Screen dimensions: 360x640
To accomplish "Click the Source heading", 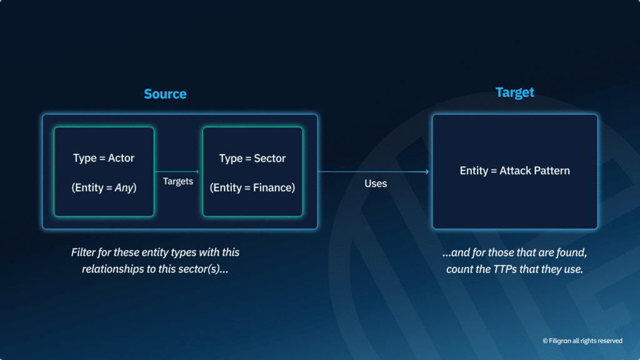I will coord(165,94).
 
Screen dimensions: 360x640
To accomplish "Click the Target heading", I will coord(514,92).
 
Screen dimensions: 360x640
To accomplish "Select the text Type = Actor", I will coord(104,158).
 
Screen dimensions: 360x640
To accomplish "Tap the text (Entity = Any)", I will coord(104,187).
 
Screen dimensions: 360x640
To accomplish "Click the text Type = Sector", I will coord(252,159).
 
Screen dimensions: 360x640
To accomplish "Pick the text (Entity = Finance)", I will coord(252,187).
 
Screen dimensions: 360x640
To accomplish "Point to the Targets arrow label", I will coord(178,181).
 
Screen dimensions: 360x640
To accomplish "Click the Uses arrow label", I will coord(376,184).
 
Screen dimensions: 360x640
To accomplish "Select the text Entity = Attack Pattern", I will coord(514,171).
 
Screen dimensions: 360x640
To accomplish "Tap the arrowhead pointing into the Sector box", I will coord(197,171).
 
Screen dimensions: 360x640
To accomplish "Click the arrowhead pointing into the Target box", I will coord(427,172).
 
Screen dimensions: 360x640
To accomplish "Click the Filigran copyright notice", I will coord(582,341).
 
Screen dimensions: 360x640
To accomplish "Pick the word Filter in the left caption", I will coord(84,252).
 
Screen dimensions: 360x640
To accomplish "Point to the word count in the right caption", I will coord(459,269).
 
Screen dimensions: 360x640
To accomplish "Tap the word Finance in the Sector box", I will coord(273,187).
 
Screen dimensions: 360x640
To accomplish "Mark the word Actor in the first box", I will coord(121,158).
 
